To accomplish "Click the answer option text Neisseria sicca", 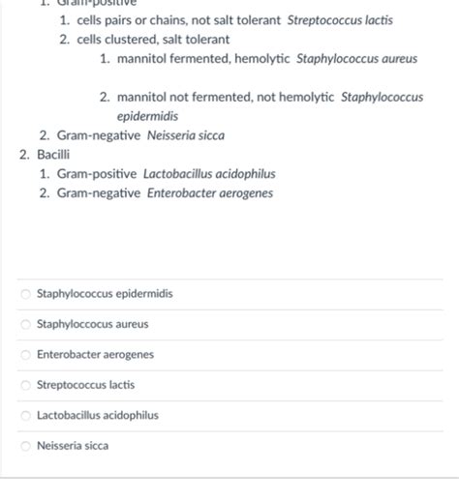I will pos(73,446).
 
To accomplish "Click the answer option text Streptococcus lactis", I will pos(85,385).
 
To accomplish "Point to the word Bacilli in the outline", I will pos(53,155).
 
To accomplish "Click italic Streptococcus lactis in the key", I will pos(340,20).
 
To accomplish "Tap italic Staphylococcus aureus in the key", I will pos(356,59).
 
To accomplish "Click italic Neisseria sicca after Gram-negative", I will pos(186,136).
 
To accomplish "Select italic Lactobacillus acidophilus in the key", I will pos(209,174).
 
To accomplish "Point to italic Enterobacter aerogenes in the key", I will pos(207,193).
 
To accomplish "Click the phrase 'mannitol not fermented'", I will pos(180,98).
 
